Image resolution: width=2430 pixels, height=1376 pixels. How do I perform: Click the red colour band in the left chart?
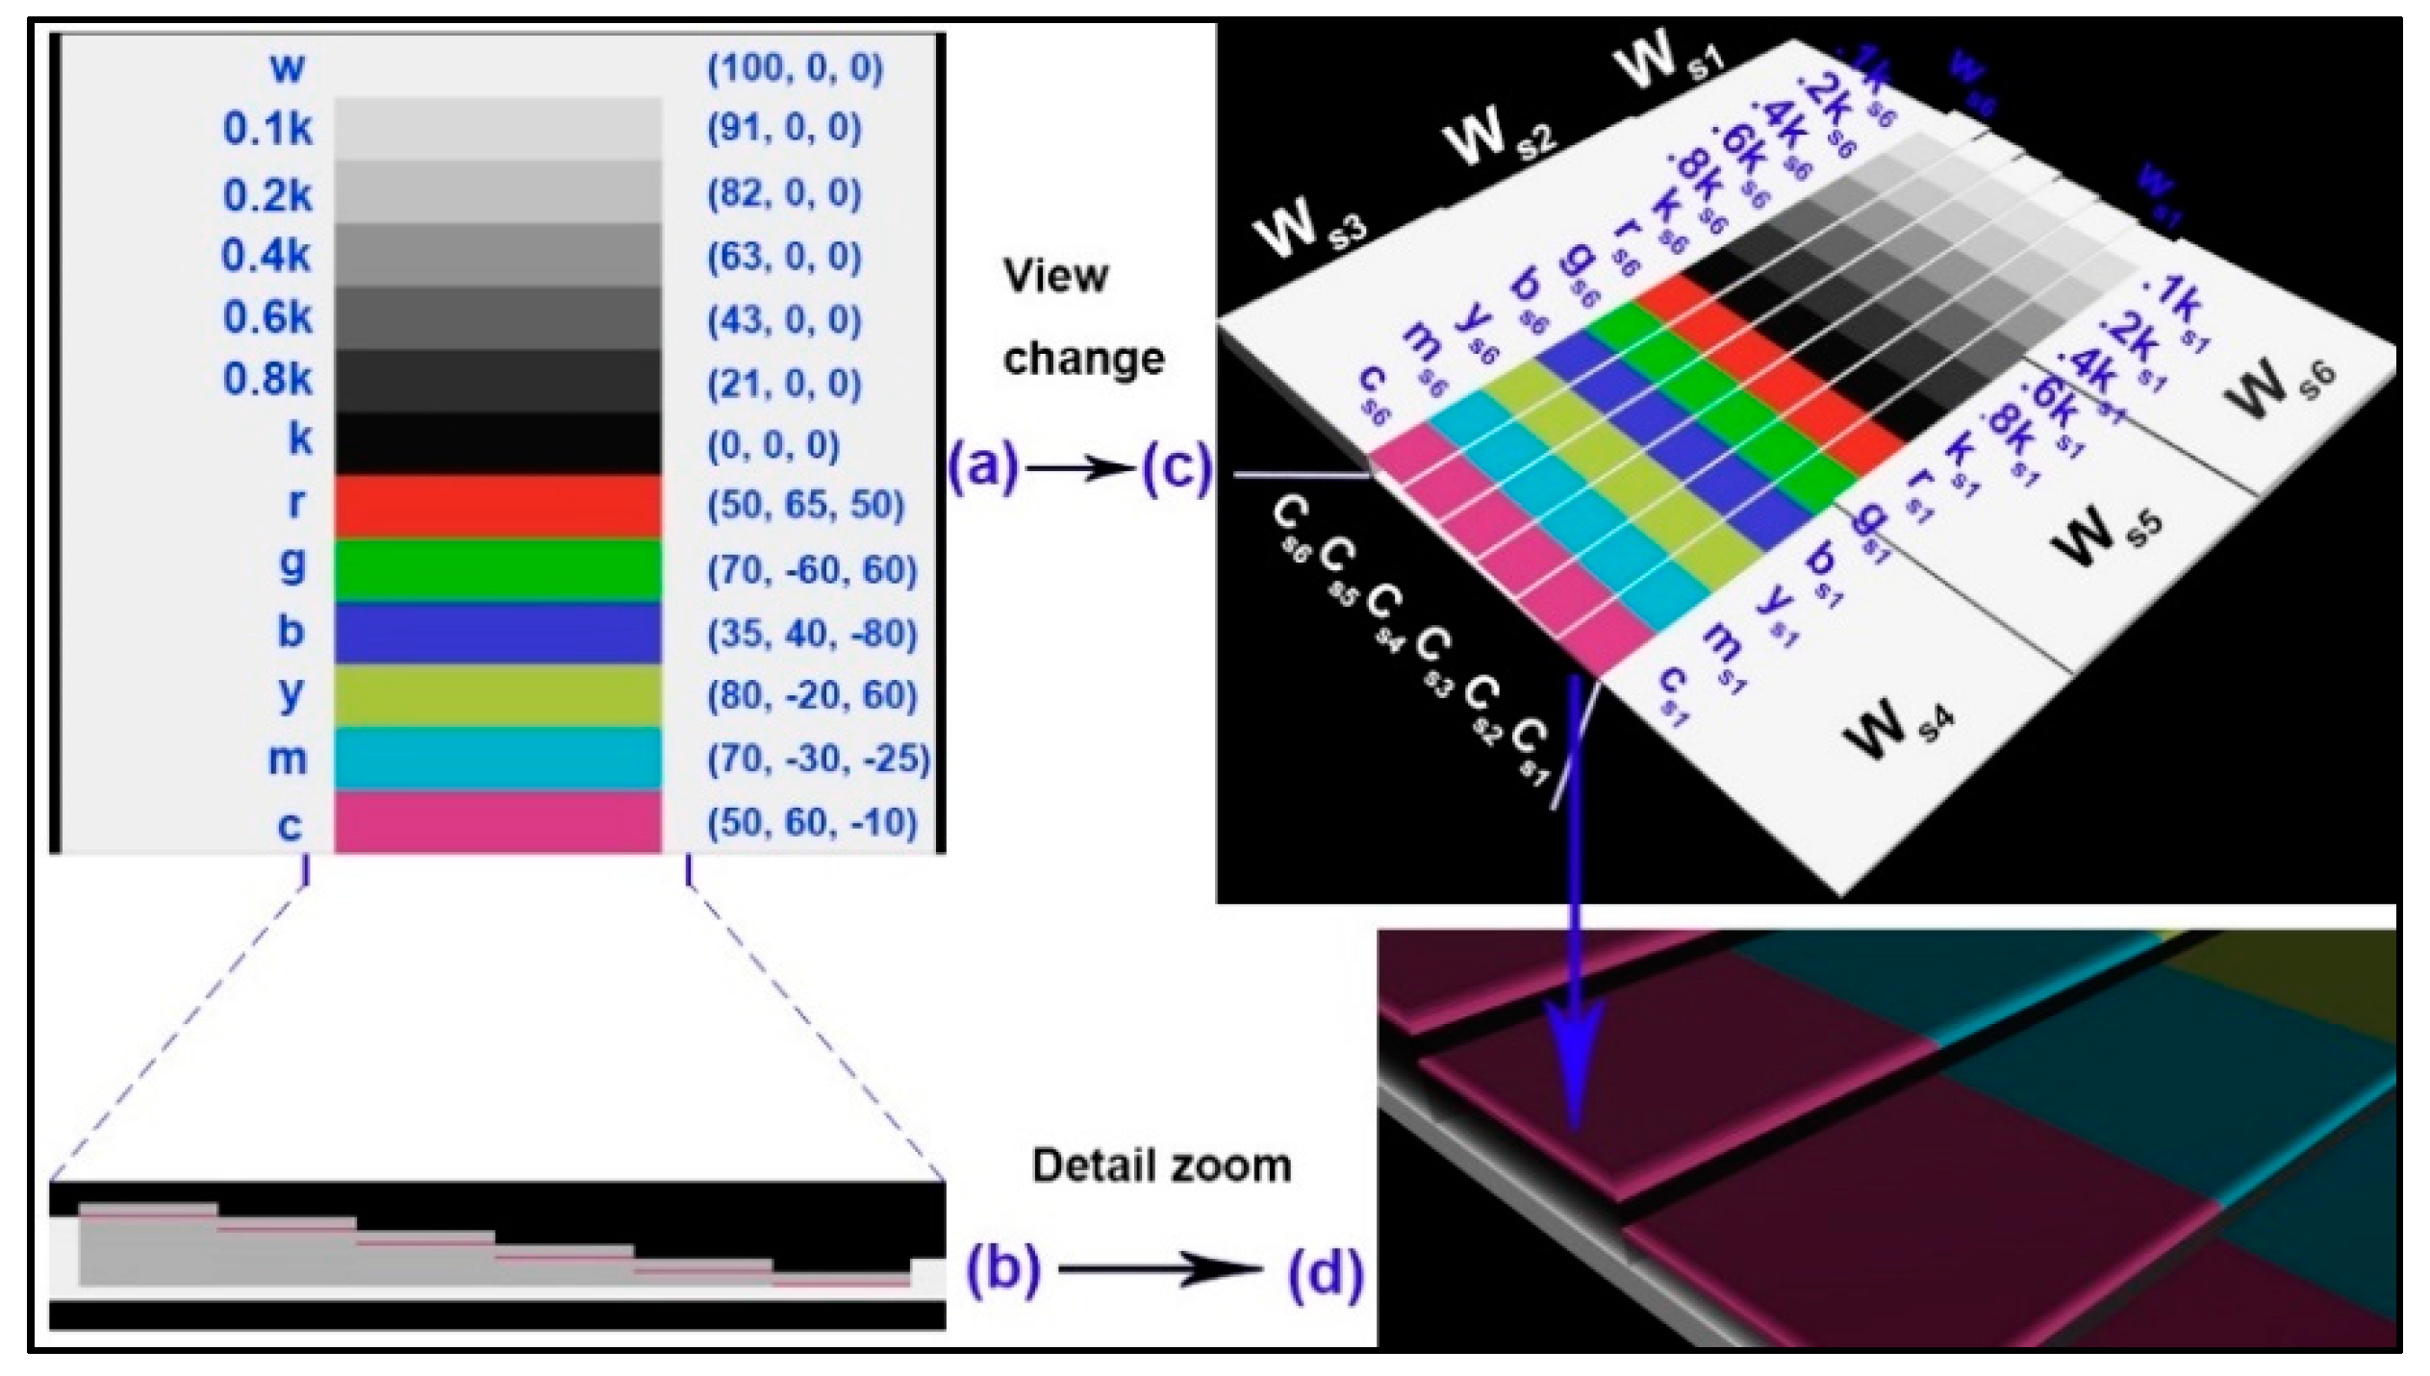(x=497, y=505)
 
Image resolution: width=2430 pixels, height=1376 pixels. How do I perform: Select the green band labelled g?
(x=497, y=569)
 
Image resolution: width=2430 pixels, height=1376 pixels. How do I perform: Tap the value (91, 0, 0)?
(x=784, y=128)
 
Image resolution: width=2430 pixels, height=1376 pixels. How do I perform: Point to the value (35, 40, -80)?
(x=812, y=634)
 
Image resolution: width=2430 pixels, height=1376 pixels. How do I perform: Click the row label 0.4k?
(x=266, y=256)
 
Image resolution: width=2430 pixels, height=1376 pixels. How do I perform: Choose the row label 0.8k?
(x=267, y=380)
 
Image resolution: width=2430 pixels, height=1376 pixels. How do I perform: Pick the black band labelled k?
(x=497, y=443)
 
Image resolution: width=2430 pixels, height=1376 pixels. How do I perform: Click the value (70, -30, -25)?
(x=819, y=759)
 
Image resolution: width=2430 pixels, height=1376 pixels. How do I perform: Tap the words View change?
(x=1083, y=317)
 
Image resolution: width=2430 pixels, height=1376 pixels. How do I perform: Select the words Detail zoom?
(x=1161, y=1165)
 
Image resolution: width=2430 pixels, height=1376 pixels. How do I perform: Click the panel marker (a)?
(x=982, y=468)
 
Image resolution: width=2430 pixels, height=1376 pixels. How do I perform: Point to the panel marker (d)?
(x=1325, y=1272)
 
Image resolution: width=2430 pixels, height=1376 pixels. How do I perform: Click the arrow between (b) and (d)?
(x=1159, y=1270)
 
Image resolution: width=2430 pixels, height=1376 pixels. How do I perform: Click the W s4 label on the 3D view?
(x=1895, y=728)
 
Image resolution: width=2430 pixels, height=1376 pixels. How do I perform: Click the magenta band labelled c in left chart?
(x=497, y=822)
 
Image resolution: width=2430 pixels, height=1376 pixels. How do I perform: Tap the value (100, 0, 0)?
(x=795, y=67)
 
